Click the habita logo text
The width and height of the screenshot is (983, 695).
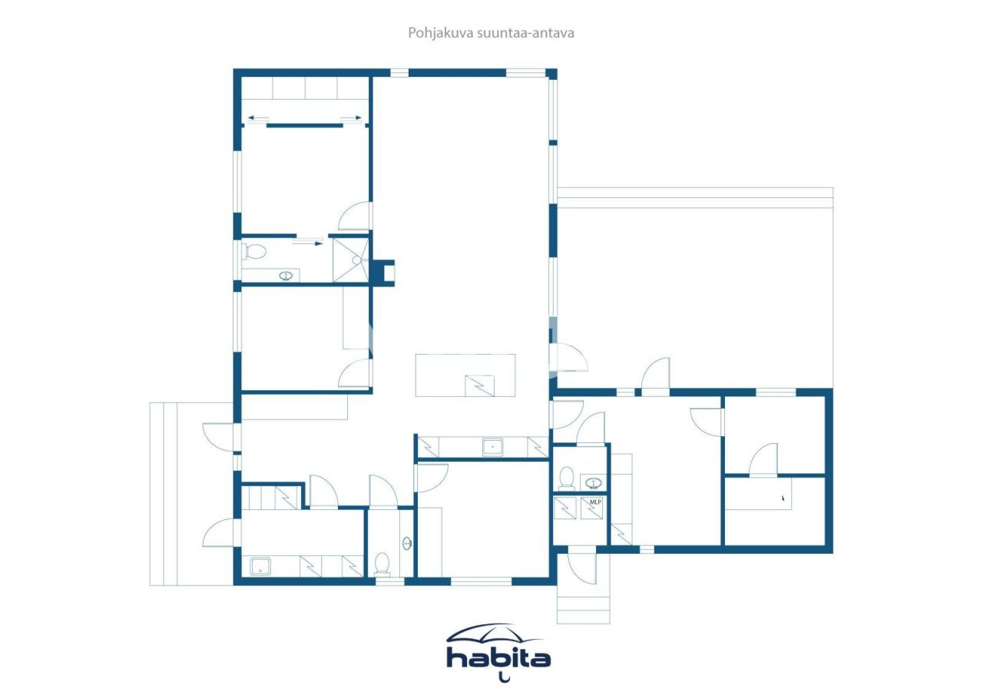click(498, 658)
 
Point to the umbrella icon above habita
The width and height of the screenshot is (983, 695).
click(495, 633)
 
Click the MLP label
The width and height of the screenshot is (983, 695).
click(594, 501)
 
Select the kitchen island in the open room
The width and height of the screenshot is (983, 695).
click(465, 375)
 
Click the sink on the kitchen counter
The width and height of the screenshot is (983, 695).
click(492, 446)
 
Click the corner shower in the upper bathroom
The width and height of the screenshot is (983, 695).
click(350, 260)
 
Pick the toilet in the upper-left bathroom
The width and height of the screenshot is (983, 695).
click(254, 251)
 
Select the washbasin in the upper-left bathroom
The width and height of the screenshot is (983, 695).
click(287, 275)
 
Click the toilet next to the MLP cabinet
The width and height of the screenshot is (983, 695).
click(567, 478)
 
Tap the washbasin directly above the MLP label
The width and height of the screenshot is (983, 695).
click(593, 482)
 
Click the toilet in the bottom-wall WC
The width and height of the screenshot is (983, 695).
click(381, 564)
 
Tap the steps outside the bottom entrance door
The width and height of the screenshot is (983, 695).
click(583, 606)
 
